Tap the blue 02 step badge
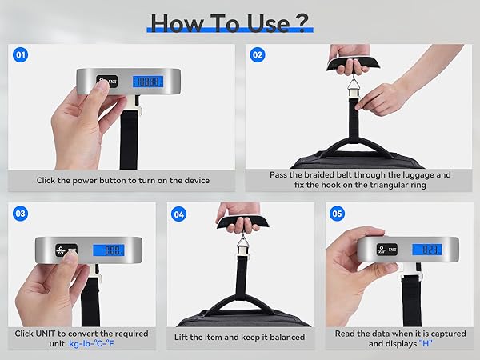pos(257,55)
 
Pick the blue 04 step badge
pos(178,214)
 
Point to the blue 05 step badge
pos(337,214)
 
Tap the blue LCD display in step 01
pos(147,82)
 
